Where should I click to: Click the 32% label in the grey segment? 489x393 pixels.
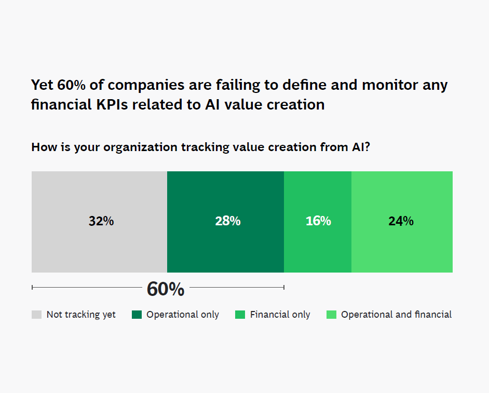tap(101, 221)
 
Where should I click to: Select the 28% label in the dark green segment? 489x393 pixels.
tap(227, 221)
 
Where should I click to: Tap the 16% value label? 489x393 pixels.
tap(318, 221)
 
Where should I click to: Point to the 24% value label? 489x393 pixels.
tap(401, 221)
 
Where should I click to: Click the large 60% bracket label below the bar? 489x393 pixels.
tap(165, 289)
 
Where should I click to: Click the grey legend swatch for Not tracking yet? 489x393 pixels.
tap(36, 315)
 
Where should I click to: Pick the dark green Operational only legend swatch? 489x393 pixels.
tap(137, 315)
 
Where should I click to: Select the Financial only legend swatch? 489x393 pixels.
tap(240, 315)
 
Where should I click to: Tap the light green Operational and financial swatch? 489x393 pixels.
tap(331, 315)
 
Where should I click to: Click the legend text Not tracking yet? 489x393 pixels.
tap(81, 315)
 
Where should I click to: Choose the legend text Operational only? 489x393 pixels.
tap(183, 315)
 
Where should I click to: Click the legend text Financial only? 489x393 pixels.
tap(280, 315)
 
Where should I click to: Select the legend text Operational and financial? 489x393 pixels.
tap(396, 315)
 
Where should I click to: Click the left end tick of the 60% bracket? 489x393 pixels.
tap(32, 287)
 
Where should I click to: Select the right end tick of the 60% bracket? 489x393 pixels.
tap(283, 287)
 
